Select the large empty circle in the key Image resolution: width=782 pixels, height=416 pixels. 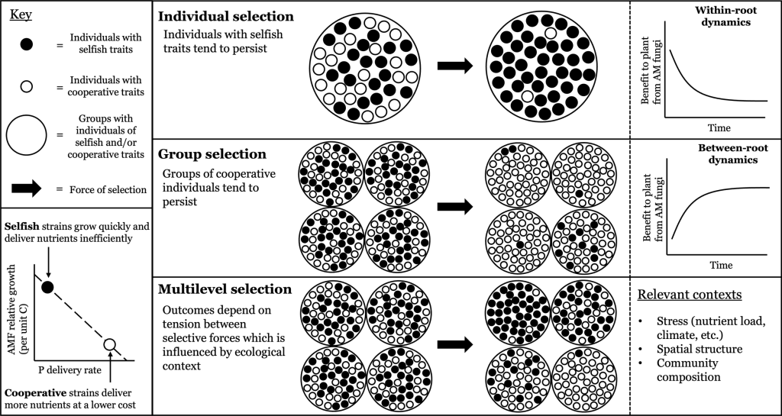coord(28,135)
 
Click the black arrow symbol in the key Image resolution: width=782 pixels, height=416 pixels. coord(27,189)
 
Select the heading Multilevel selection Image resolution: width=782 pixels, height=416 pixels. coord(225,290)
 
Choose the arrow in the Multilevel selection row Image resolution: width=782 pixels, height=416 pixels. coord(455,343)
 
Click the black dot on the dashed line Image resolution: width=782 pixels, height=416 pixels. coord(47,287)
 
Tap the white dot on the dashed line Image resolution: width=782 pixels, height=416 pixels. coord(110,345)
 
